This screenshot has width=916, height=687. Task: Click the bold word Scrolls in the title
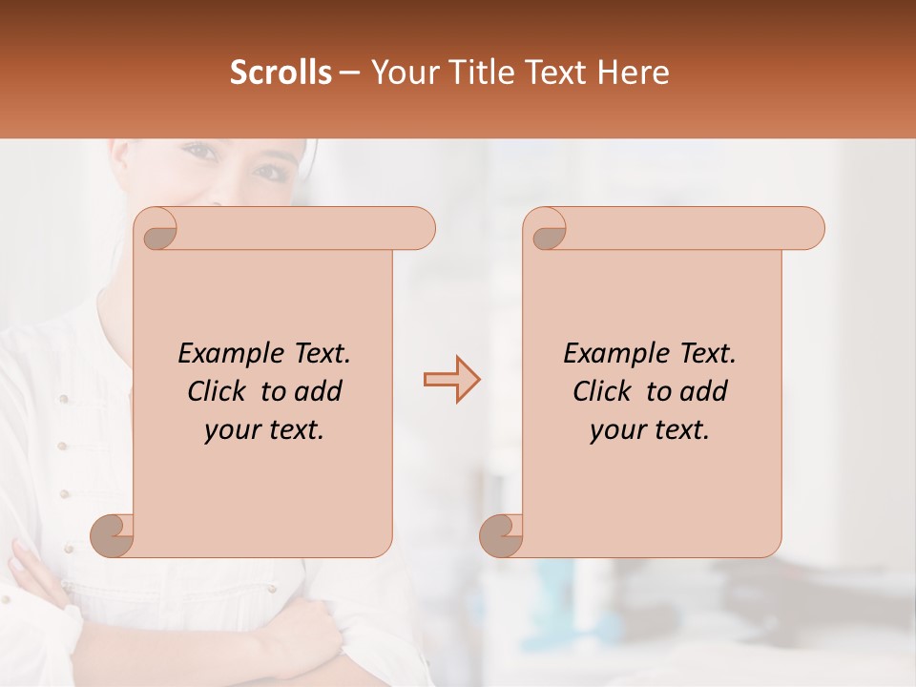[281, 73]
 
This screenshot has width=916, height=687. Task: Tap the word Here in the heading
[634, 73]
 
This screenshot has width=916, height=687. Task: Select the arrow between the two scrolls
[451, 380]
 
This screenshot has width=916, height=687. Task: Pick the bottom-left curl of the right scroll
[502, 534]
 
